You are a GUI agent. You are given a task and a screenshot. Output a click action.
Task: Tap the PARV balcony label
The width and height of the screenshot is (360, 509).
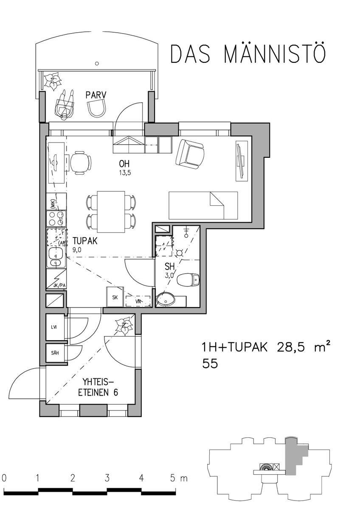point(96,95)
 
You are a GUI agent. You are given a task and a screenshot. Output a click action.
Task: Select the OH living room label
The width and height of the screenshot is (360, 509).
point(124,163)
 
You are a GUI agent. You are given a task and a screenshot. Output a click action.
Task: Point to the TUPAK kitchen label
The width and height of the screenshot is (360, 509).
point(85,241)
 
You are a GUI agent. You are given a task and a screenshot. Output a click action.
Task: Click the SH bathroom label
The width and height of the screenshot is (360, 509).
point(170,266)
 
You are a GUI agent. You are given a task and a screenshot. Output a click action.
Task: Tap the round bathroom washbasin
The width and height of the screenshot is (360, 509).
point(166,299)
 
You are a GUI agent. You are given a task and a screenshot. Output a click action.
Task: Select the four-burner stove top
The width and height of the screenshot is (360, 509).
point(56,218)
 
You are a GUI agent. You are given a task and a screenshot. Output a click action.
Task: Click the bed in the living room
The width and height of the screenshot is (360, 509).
point(203,205)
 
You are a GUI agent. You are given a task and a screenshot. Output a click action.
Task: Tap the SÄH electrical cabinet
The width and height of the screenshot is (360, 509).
point(55,353)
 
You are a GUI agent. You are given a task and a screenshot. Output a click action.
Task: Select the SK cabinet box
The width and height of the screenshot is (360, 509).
point(115,297)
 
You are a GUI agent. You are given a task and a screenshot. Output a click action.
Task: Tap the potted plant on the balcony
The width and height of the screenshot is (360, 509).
point(53,81)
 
